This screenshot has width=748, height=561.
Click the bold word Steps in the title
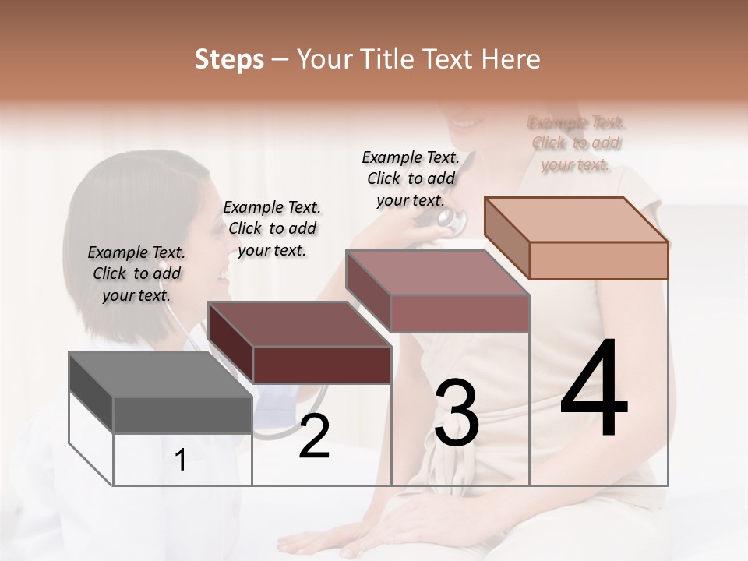pyautogui.click(x=229, y=60)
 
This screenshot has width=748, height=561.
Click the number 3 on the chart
pyautogui.click(x=457, y=413)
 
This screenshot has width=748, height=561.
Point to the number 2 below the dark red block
pyautogui.click(x=314, y=436)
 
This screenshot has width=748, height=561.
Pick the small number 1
pyautogui.click(x=180, y=460)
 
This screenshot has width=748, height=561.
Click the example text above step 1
pyautogui.click(x=136, y=273)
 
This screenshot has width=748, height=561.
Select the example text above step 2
pyautogui.click(x=272, y=228)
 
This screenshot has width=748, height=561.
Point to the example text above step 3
pyautogui.click(x=411, y=178)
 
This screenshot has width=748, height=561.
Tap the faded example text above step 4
pyautogui.click(x=577, y=143)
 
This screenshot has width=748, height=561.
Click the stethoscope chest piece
pyautogui.click(x=449, y=219)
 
